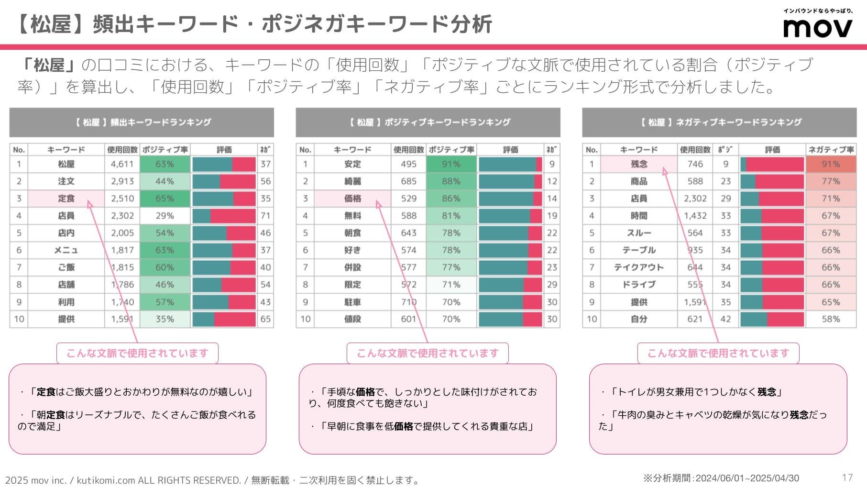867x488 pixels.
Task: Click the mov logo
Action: [x=817, y=27]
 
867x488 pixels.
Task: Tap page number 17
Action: [x=847, y=477]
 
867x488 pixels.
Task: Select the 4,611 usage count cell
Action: [x=122, y=164]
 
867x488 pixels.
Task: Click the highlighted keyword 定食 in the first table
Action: [x=66, y=199]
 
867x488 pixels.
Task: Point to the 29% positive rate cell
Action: [x=165, y=216]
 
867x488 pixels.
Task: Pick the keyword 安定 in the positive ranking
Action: [x=352, y=164]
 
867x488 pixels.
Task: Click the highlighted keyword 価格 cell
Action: [x=352, y=199]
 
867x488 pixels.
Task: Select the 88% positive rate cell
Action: [x=451, y=181]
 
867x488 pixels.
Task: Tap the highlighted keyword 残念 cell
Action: [x=639, y=164]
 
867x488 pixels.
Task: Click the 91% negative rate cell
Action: [x=831, y=164]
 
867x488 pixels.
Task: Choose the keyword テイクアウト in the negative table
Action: [x=639, y=267]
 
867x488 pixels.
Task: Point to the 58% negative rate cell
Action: [x=831, y=319]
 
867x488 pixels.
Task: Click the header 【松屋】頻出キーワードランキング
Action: [x=142, y=122]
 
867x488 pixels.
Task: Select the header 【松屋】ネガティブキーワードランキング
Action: [x=719, y=122]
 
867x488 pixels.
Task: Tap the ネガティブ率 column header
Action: [x=831, y=150]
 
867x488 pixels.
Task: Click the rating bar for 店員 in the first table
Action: [x=224, y=216]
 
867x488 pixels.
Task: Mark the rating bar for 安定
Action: [x=510, y=164]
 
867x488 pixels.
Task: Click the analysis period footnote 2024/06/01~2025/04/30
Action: [x=721, y=478]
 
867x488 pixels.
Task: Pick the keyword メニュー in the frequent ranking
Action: [x=66, y=250]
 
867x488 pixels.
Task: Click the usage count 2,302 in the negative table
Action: [x=695, y=199]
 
